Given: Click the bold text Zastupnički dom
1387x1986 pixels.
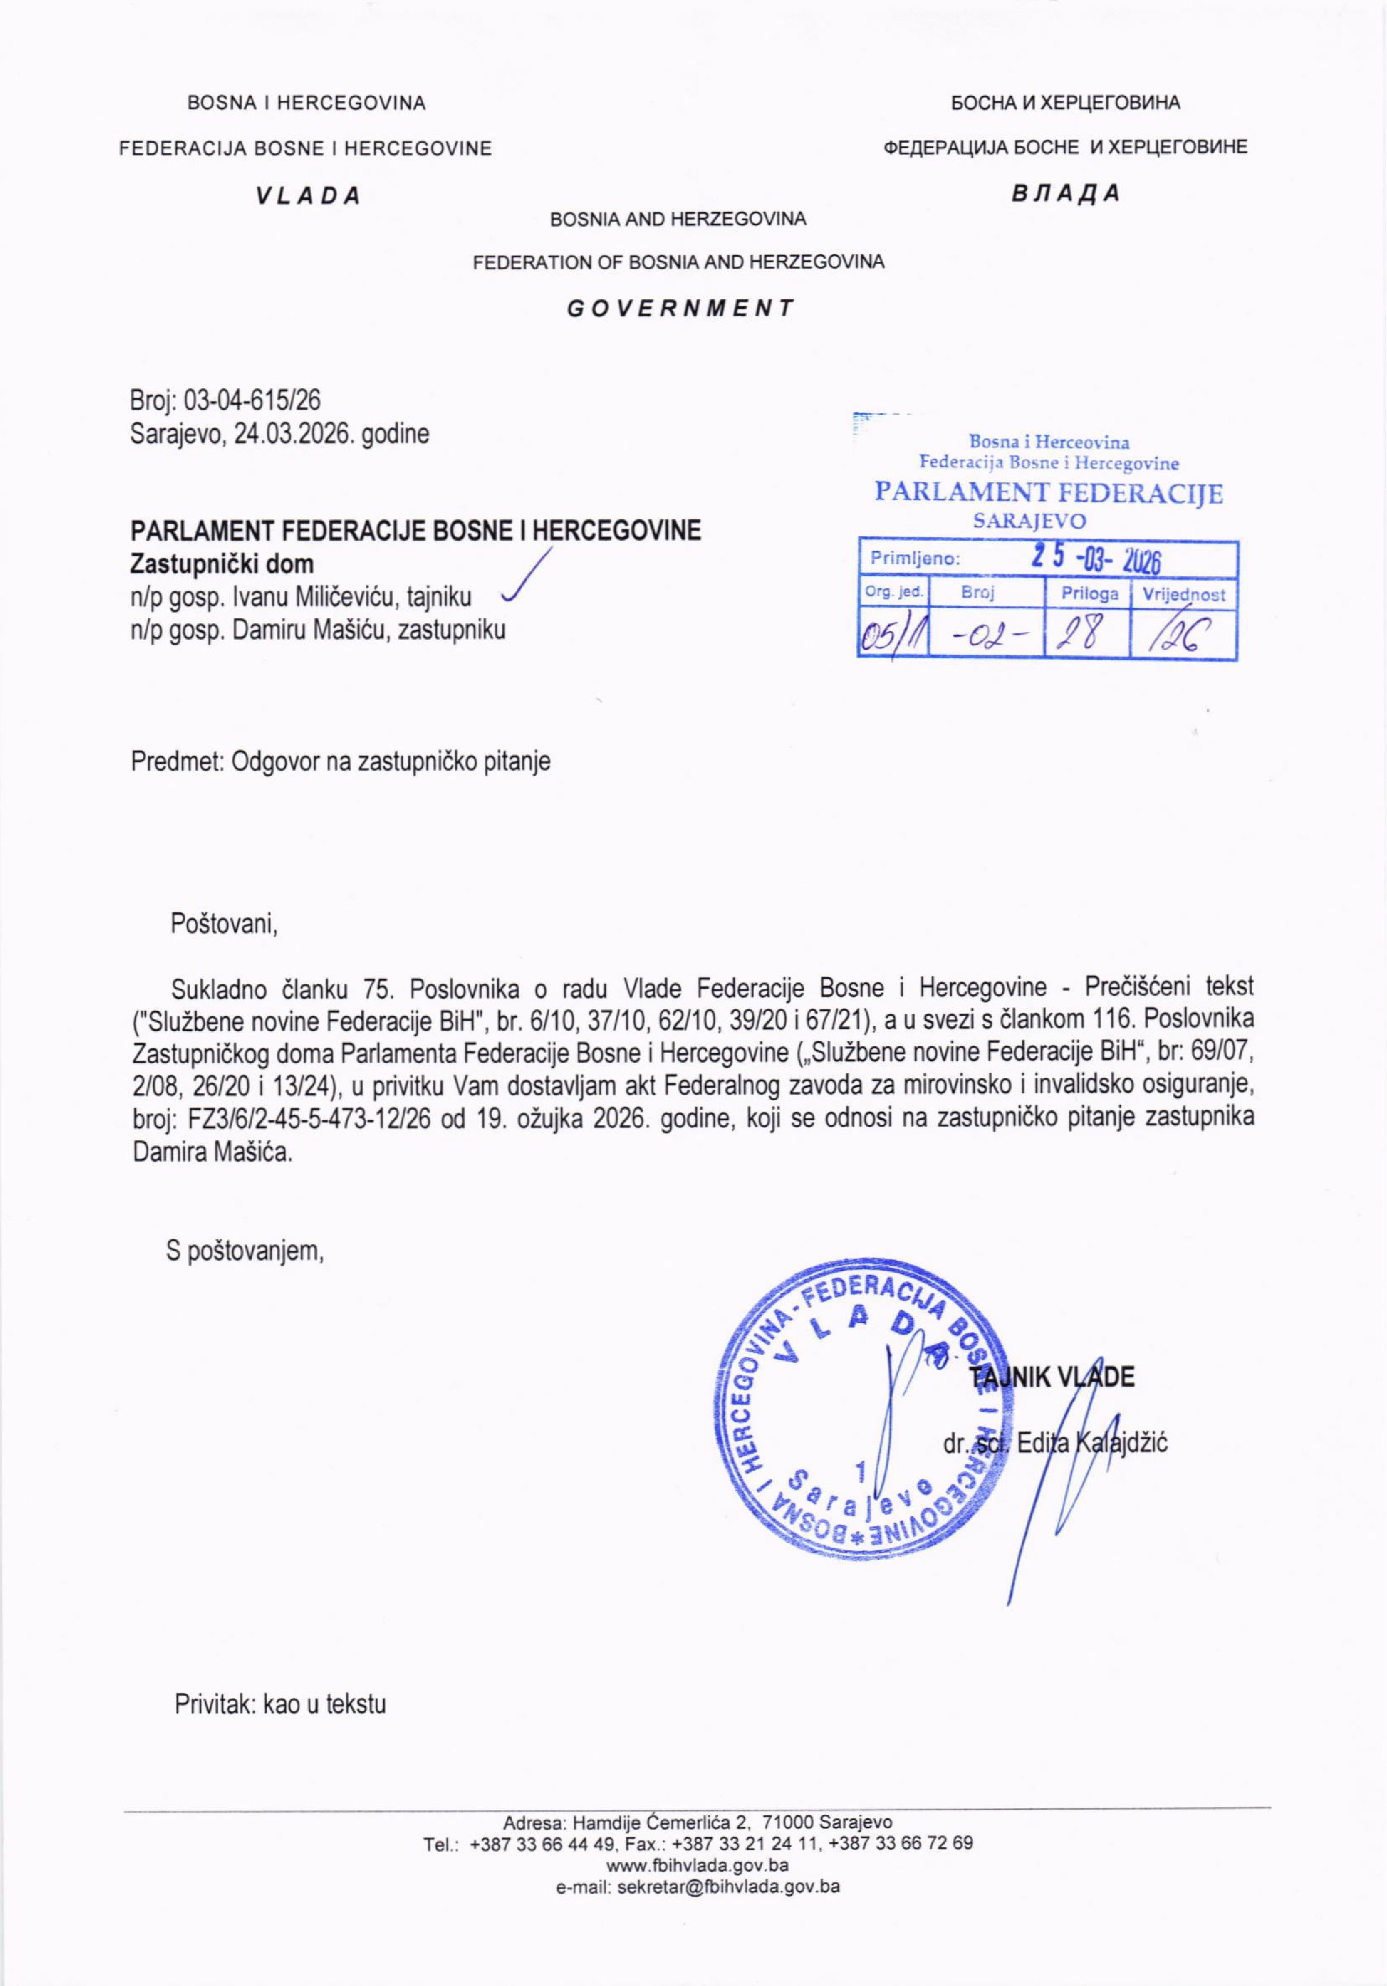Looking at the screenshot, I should (222, 564).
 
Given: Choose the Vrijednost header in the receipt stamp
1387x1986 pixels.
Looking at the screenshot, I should (1184, 594).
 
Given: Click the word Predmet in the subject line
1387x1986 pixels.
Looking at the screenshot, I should (176, 761).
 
